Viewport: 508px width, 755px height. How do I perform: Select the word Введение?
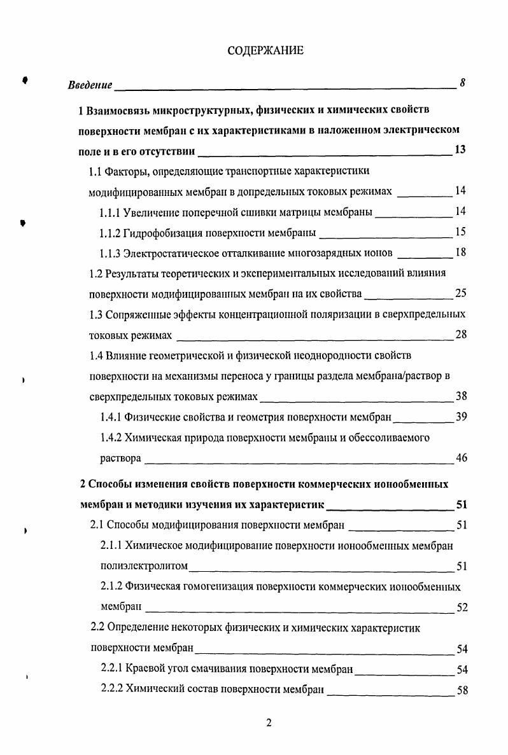pyautogui.click(x=90, y=85)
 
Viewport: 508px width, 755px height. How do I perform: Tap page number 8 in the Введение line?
pyautogui.click(x=462, y=83)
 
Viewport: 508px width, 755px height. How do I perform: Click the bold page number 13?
pyautogui.click(x=461, y=150)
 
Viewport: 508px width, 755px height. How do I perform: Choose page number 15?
pyautogui.click(x=461, y=232)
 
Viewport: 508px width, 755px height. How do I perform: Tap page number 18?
pyautogui.click(x=461, y=252)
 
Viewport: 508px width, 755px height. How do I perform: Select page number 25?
pyautogui.click(x=461, y=293)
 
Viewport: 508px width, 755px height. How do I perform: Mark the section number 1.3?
pyautogui.click(x=96, y=314)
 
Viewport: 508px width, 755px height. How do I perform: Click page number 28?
pyautogui.click(x=461, y=335)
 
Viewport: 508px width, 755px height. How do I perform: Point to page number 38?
pyautogui.click(x=461, y=396)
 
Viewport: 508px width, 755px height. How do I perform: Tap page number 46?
pyautogui.click(x=461, y=458)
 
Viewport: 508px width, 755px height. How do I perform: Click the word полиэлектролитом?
pyautogui.click(x=145, y=565)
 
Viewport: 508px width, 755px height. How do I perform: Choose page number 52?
pyautogui.click(x=462, y=607)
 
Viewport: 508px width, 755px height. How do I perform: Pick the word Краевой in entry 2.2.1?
pyautogui.click(x=142, y=669)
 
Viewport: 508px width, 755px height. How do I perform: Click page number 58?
pyautogui.click(x=462, y=689)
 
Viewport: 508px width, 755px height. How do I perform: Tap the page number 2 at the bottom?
pyautogui.click(x=268, y=723)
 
